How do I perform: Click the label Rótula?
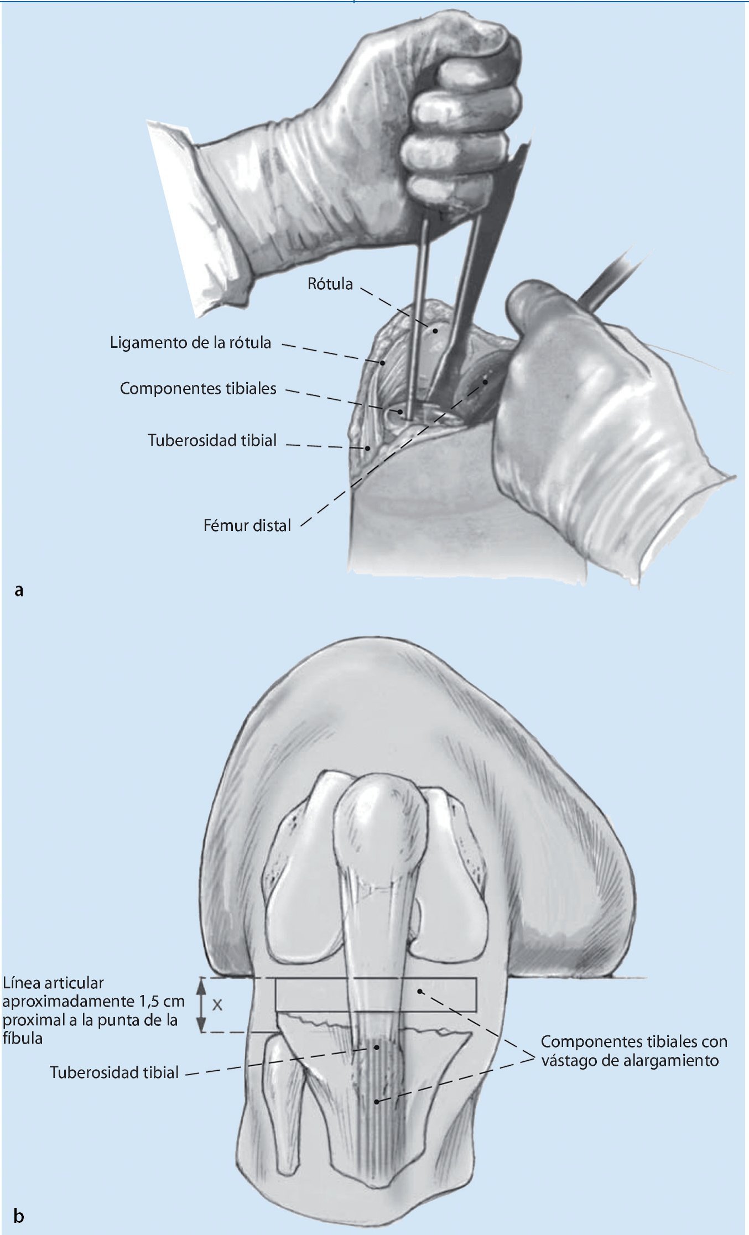pos(330,284)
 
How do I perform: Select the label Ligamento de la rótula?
pos(190,343)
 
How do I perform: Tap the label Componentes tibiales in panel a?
pos(198,389)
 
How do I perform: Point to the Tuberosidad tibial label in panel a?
pos(212,440)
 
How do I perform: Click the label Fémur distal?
pos(247,525)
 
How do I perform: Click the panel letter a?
pos(19,591)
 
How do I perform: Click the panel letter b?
pos(19,1216)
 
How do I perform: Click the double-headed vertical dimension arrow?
pos(202,1004)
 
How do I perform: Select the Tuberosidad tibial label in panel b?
pos(114,1073)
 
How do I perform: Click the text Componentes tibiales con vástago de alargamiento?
pos(633,1051)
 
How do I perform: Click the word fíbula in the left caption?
pos(23,1038)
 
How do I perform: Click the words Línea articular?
pos(53,983)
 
